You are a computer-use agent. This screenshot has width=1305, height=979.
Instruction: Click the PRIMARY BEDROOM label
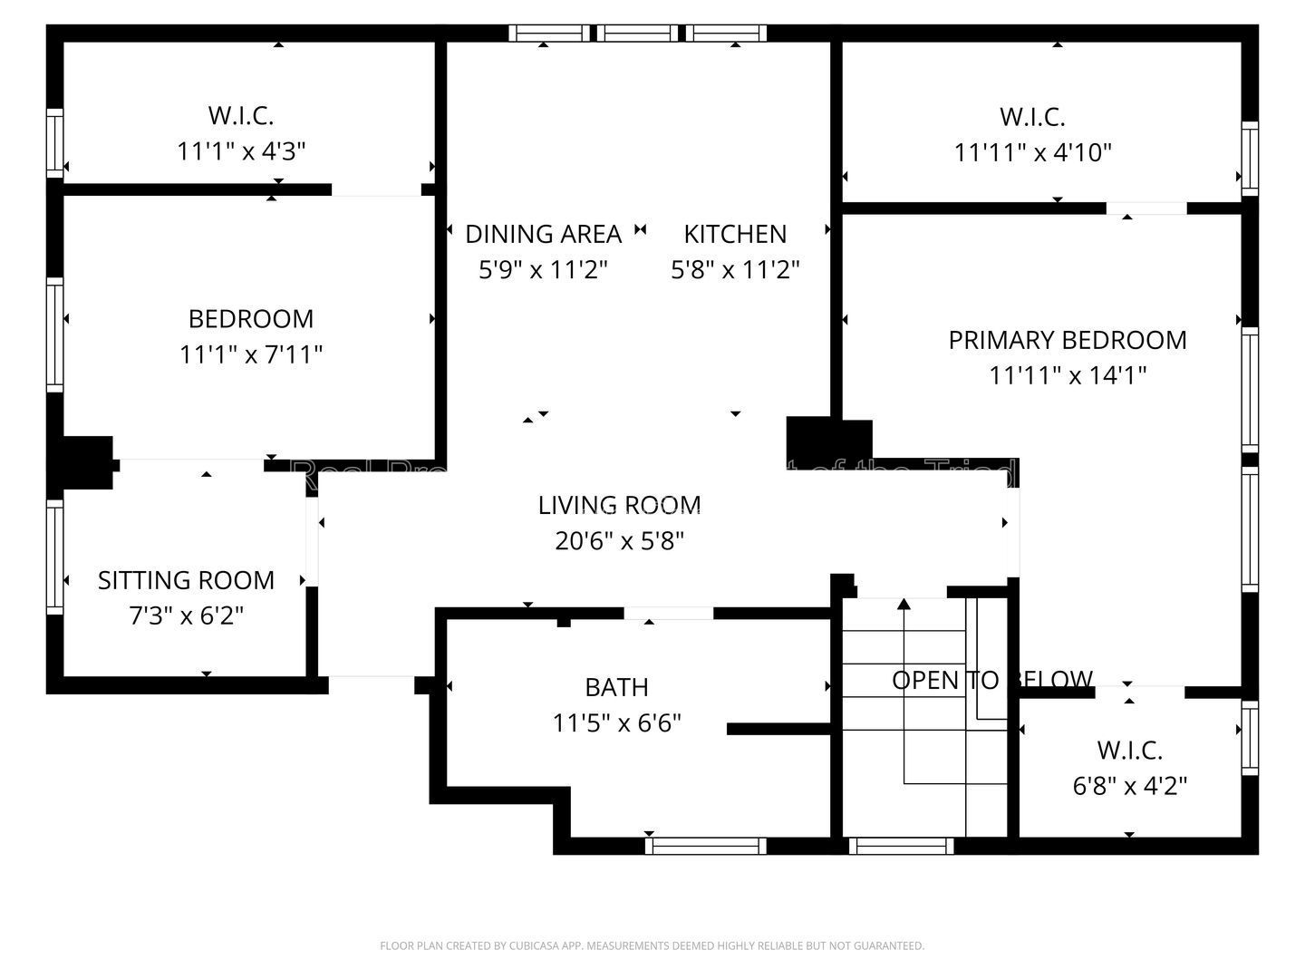pos(1067,340)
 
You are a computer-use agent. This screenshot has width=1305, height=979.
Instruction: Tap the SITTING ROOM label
pos(186,580)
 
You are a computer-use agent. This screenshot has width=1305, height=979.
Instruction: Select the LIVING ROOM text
pos(619,505)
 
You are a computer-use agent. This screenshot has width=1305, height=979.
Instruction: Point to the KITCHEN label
pos(734,234)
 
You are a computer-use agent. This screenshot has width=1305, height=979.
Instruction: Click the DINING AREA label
pos(543,234)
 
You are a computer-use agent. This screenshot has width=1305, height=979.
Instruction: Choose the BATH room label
pos(616,687)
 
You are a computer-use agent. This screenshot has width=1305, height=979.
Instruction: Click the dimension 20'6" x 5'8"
pos(619,541)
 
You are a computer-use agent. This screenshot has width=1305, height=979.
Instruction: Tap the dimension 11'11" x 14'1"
pos(1067,375)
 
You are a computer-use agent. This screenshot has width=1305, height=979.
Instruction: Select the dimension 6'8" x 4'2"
pos(1129,786)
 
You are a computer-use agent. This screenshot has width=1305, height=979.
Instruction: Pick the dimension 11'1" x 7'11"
pos(251,354)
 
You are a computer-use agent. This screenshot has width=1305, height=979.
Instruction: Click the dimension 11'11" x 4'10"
pos(1032,152)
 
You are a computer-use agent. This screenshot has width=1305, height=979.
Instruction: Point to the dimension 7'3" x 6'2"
pos(186,616)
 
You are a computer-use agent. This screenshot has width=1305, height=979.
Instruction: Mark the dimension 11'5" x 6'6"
pos(616,723)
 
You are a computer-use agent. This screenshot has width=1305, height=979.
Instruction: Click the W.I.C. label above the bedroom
pos(241,116)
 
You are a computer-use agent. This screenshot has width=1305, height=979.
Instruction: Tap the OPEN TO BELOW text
pos(991,680)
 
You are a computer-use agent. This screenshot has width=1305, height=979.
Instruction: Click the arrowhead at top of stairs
pos(904,604)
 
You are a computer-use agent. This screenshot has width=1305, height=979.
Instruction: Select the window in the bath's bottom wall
pos(705,846)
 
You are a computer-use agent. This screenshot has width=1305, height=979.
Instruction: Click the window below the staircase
pos(901,846)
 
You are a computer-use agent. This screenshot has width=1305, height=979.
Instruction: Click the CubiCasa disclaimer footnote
pos(652,945)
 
